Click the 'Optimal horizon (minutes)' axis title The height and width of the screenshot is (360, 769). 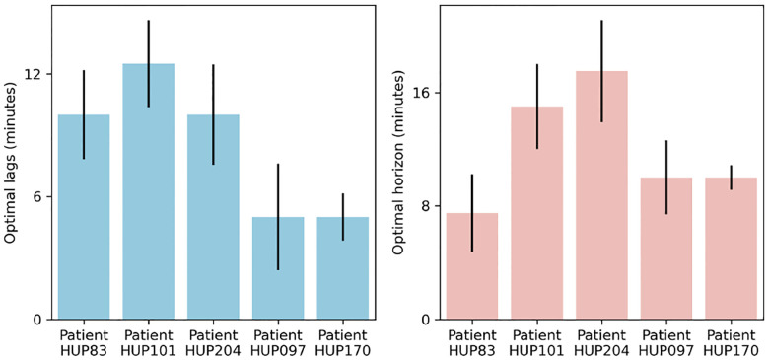point(399,163)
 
